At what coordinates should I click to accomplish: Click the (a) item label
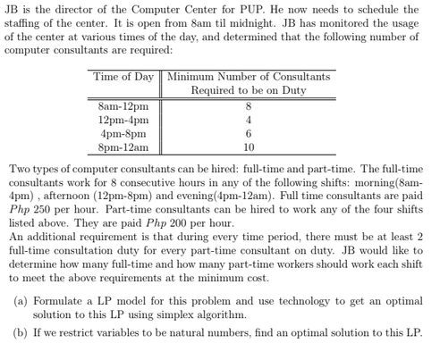(x=21, y=303)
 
